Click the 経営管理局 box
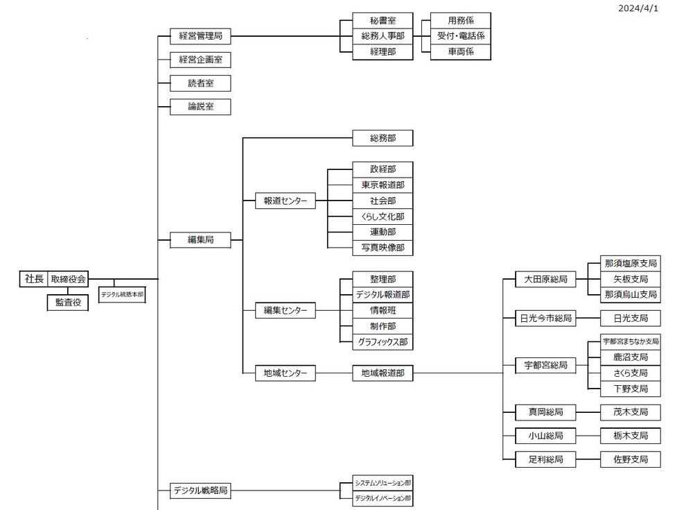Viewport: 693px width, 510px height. pyautogui.click(x=200, y=36)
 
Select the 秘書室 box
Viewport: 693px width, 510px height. pyautogui.click(x=383, y=20)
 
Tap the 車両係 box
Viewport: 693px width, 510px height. pyautogui.click(x=461, y=52)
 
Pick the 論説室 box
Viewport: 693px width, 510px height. pyautogui.click(x=200, y=107)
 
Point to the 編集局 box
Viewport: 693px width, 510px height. pyautogui.click(x=200, y=240)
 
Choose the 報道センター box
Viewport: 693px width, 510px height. pyautogui.click(x=286, y=201)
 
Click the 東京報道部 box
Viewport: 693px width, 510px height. pyautogui.click(x=383, y=185)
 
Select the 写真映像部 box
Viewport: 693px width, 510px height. pyautogui.click(x=383, y=248)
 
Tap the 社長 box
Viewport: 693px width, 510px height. pyautogui.click(x=34, y=279)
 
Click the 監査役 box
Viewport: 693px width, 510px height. pyautogui.click(x=68, y=303)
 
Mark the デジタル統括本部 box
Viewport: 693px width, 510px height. pyautogui.click(x=123, y=294)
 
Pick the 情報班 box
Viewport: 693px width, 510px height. pyautogui.click(x=383, y=310)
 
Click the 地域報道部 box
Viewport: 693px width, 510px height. pyautogui.click(x=383, y=373)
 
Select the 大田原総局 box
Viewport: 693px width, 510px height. pyautogui.click(x=545, y=280)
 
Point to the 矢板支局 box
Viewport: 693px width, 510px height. pyautogui.click(x=631, y=279)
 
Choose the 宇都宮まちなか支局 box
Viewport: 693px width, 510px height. pyautogui.click(x=631, y=341)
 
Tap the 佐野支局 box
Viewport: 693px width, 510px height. pyautogui.click(x=631, y=459)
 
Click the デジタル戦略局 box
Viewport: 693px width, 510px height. pyautogui.click(x=200, y=491)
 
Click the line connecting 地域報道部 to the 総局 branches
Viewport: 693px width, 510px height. pyautogui.click(x=457, y=373)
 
